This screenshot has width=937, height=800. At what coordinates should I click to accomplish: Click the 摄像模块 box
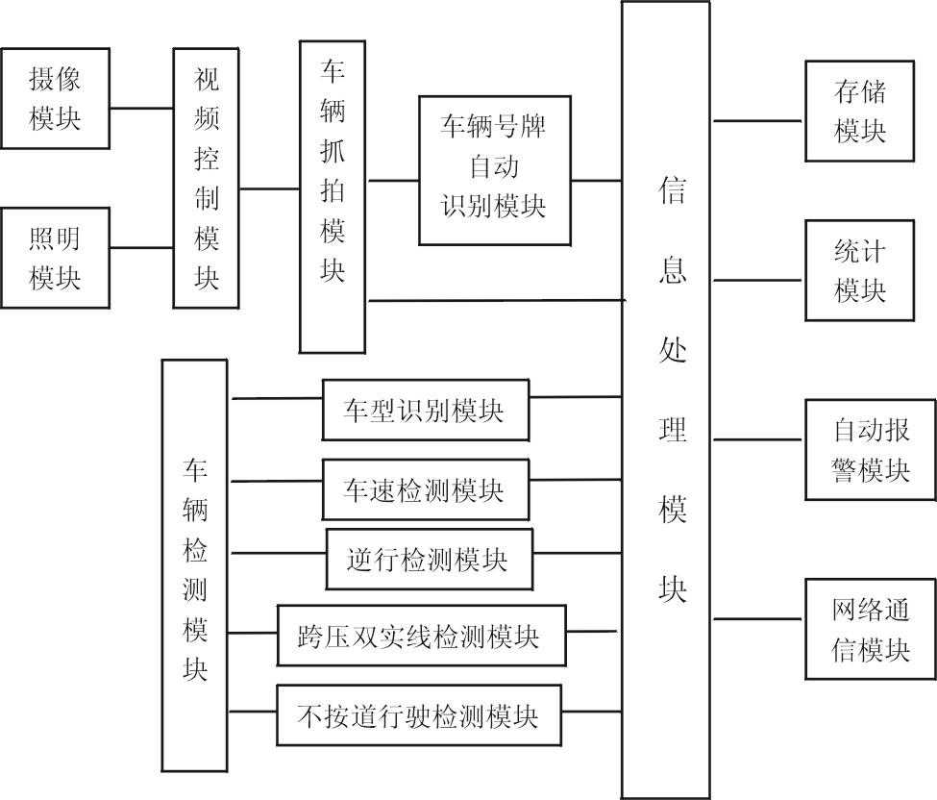tap(55, 98)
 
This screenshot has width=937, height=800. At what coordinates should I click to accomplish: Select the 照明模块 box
tap(55, 258)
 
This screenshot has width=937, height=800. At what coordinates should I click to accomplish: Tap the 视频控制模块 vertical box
tap(207, 179)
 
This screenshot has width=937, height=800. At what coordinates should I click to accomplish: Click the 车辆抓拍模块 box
tap(333, 196)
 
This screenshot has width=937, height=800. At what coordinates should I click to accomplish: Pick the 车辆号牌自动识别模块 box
tap(495, 169)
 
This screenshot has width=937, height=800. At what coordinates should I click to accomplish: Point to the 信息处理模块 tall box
tap(665, 399)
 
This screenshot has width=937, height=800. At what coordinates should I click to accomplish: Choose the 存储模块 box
tap(859, 111)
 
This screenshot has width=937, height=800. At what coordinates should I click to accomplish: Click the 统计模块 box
tap(859, 271)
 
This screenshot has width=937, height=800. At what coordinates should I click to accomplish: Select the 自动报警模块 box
tap(870, 450)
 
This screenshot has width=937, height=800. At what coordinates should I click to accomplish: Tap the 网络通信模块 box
tap(870, 629)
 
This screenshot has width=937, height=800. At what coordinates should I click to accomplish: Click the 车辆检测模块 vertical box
tap(195, 565)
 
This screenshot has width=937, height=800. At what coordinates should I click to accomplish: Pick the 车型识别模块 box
tap(425, 411)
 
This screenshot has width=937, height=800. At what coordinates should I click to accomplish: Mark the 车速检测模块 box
tap(425, 489)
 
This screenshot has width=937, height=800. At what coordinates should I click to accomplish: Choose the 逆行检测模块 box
tap(429, 559)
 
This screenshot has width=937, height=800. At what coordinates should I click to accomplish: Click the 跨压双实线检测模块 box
tap(421, 636)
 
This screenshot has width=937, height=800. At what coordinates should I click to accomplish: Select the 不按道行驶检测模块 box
tap(418, 715)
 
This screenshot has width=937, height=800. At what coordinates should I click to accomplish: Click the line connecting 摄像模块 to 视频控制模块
tap(141, 108)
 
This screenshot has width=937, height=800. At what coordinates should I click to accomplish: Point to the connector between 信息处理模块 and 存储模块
tap(757, 121)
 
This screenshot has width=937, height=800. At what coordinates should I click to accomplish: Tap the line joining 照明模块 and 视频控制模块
tap(141, 249)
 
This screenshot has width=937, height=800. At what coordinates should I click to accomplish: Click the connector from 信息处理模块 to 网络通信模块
tap(757, 619)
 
